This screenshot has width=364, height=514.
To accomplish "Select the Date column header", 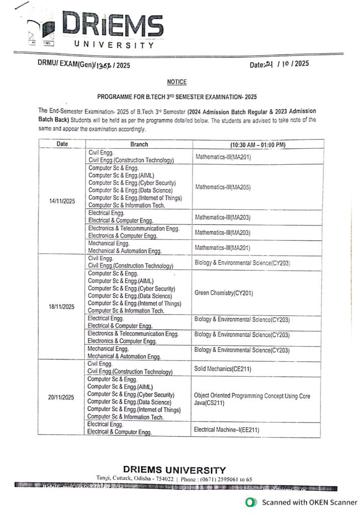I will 62,144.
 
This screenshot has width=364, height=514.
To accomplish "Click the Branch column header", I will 139,144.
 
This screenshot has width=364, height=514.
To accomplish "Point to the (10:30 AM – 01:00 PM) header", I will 251,145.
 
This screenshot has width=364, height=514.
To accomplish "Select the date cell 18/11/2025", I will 62,306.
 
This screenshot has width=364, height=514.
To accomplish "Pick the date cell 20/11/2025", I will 61,397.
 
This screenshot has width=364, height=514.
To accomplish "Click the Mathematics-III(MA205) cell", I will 222,187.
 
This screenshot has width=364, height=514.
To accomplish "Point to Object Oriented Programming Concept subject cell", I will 252,399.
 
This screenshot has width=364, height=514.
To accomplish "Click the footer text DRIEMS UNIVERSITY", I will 174,470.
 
